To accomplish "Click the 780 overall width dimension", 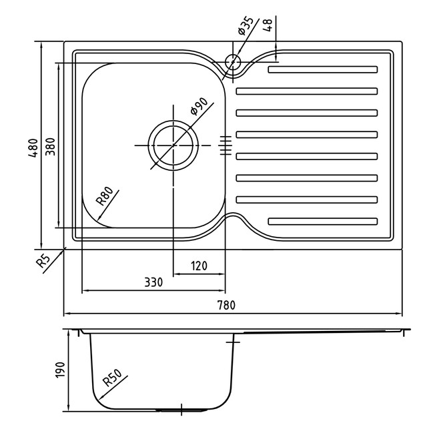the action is pyautogui.click(x=226, y=305).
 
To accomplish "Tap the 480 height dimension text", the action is pyautogui.click(x=33, y=148).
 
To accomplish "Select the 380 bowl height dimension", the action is pyautogui.click(x=50, y=147).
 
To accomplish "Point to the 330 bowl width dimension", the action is pyautogui.click(x=153, y=282).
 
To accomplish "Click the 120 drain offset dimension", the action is pyautogui.click(x=199, y=266).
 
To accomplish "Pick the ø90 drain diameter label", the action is pyautogui.click(x=199, y=107).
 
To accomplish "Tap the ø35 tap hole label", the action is pyautogui.click(x=246, y=26).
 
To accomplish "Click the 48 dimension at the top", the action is pyautogui.click(x=268, y=25).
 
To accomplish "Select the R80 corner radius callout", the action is pyautogui.click(x=105, y=195).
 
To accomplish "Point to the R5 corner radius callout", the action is pyautogui.click(x=43, y=261).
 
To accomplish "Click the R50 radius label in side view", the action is pyautogui.click(x=113, y=378).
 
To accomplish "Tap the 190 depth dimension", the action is pyautogui.click(x=60, y=370).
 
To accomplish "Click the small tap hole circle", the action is pyautogui.click(x=233, y=61).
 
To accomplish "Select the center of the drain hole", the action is pyautogui.click(x=173, y=145).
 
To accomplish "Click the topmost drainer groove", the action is pyautogui.click(x=323, y=69).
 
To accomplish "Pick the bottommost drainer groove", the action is pyautogui.click(x=323, y=222).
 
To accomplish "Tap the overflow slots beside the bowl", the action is pyautogui.click(x=226, y=145).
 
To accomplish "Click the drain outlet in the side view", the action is pyautogui.click(x=181, y=410).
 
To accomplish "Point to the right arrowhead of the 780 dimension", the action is pyautogui.click(x=398, y=314).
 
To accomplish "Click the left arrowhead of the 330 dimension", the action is pyautogui.click(x=86, y=291).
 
